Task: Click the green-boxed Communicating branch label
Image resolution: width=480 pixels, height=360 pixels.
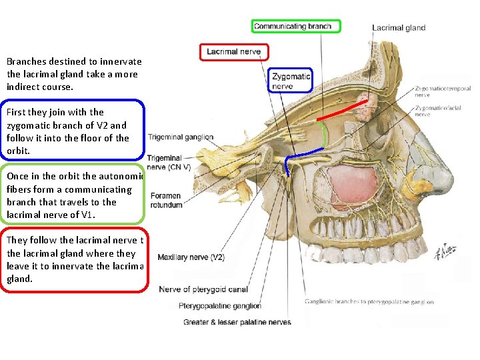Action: (x=297, y=27)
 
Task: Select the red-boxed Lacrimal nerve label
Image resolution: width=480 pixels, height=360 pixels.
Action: (x=234, y=51)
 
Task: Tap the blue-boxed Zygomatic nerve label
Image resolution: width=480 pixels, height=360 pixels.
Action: (x=291, y=81)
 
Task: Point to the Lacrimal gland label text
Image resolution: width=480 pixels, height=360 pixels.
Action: (x=399, y=28)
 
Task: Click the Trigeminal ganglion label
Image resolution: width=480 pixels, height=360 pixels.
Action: (x=181, y=137)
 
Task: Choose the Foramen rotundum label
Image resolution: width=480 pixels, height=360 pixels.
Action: (x=166, y=201)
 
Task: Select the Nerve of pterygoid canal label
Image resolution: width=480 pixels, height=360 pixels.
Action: (x=203, y=289)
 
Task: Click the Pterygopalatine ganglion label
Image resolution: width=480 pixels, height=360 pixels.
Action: (x=220, y=306)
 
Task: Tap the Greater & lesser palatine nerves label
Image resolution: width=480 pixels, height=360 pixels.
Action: (x=237, y=323)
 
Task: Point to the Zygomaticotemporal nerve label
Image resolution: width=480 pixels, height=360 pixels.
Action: (x=442, y=91)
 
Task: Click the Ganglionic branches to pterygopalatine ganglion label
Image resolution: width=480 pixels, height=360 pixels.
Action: (x=369, y=302)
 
